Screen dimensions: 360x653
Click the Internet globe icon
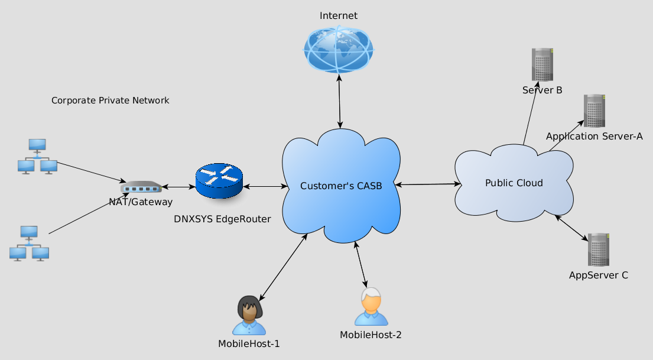tap(339, 49)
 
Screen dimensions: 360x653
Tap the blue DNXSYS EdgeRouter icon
tap(219, 181)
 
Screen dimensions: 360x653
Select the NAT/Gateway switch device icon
tap(141, 187)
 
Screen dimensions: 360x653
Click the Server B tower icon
tap(542, 64)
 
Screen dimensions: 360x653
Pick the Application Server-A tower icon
tap(594, 111)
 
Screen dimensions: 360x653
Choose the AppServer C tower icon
tap(598, 249)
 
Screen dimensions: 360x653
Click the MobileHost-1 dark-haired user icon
tap(249, 315)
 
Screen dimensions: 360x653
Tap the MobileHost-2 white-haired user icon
tap(371, 307)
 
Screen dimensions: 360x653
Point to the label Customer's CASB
tap(341, 186)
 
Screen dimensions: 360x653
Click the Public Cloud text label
tap(514, 183)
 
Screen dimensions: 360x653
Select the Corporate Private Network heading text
tap(111, 100)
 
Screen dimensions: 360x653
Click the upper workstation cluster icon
tap(37, 156)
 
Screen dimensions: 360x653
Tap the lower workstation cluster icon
tap(29, 243)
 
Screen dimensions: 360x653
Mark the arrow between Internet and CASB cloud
tap(339, 101)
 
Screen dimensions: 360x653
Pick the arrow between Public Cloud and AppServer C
tap(571, 228)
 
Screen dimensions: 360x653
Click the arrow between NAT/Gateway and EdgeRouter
tap(178, 187)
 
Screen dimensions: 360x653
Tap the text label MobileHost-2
tap(371, 335)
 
